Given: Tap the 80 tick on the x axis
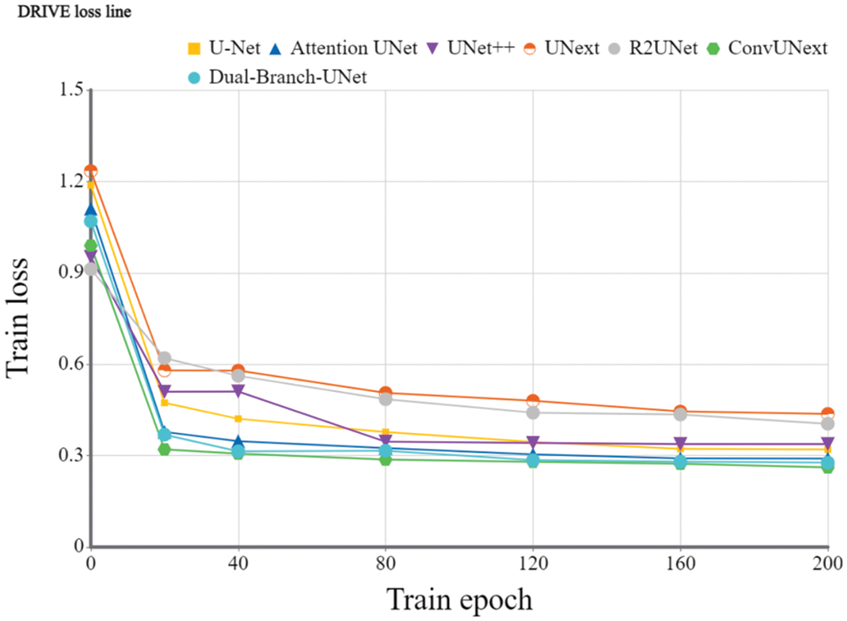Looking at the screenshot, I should point(385,563).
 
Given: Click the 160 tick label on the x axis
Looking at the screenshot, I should point(680,563).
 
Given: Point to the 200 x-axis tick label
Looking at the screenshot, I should point(827,563).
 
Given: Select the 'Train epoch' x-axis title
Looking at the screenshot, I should point(459,599).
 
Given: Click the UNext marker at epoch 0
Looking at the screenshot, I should point(91,171).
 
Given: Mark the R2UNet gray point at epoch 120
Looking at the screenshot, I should point(533,413).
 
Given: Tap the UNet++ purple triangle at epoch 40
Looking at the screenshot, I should point(238,391).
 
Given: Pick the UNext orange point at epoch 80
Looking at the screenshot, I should point(385,393).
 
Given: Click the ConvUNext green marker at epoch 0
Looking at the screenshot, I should point(91,245).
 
